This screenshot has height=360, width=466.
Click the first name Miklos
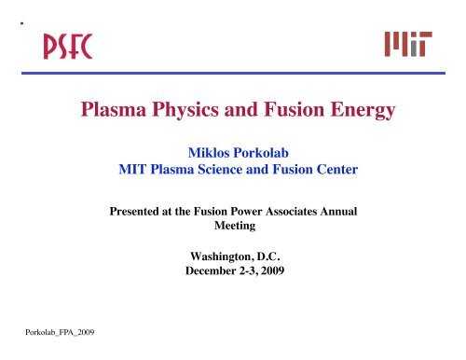210,153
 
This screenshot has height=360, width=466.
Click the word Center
328,171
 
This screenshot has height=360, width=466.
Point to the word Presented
142,212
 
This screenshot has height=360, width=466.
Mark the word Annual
359,212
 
